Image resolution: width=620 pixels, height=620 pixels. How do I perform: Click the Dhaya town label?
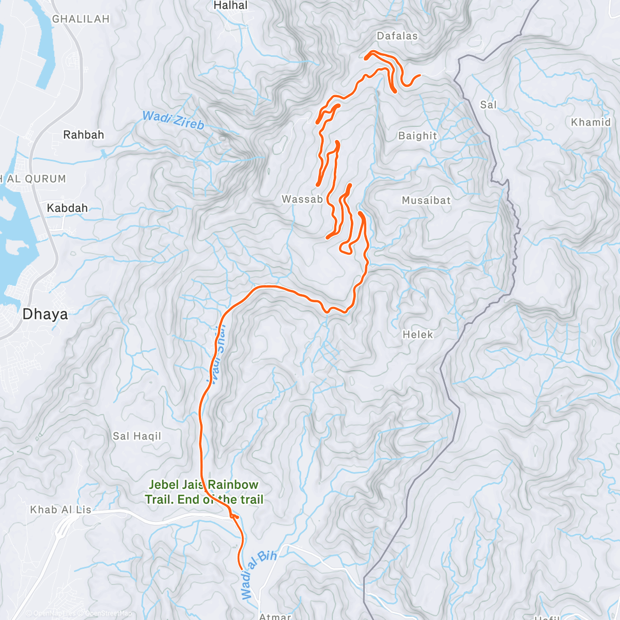tap(45, 314)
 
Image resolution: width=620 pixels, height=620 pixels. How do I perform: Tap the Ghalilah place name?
tap(81, 19)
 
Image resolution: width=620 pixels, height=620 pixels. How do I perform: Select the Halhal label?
tap(230, 6)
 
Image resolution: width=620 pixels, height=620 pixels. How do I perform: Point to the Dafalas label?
tap(397, 36)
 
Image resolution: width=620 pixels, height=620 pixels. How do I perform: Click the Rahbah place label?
tap(84, 135)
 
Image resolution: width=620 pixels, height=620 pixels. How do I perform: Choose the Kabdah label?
tap(67, 208)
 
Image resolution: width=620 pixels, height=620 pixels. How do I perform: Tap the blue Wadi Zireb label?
tap(173, 120)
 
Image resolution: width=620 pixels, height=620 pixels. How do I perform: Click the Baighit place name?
tap(417, 136)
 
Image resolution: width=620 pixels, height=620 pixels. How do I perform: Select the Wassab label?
tap(302, 199)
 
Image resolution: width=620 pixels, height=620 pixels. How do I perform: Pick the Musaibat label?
tap(426, 200)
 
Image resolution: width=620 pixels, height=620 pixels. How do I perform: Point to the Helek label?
tap(417, 335)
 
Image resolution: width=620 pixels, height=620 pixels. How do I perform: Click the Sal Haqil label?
tap(137, 437)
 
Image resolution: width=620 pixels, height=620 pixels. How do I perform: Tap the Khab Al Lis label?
tap(60, 510)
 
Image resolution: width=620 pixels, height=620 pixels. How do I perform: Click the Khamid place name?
tap(591, 122)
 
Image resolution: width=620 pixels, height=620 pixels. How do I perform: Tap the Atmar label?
tap(275, 616)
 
